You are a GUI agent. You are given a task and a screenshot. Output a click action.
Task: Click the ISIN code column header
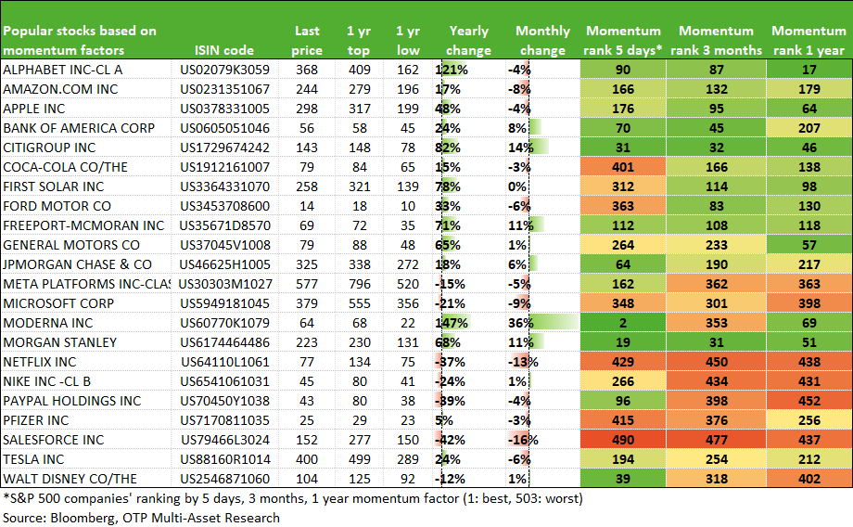click(x=224, y=50)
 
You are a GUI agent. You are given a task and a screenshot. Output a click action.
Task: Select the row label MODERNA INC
click(x=48, y=323)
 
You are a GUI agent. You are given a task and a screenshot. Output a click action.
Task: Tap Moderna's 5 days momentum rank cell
click(x=623, y=323)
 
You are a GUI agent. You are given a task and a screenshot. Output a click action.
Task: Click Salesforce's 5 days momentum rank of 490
click(x=623, y=440)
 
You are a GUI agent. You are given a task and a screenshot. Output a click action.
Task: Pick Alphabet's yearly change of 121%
click(x=452, y=70)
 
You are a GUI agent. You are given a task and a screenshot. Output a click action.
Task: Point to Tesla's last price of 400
click(x=307, y=459)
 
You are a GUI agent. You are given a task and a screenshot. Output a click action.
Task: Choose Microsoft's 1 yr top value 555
click(x=360, y=303)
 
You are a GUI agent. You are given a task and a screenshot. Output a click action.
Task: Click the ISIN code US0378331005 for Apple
click(x=224, y=109)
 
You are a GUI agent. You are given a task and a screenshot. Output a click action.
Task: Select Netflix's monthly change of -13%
click(x=523, y=362)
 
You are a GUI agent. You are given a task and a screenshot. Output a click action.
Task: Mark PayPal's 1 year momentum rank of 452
click(x=808, y=401)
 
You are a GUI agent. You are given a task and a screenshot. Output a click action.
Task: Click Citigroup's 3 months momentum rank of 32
click(x=717, y=148)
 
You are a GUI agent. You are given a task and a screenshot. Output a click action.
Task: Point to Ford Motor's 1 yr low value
click(x=408, y=206)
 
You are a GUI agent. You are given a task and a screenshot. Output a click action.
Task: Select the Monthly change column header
click(x=543, y=40)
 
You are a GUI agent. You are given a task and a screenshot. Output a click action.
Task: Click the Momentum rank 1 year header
click(x=808, y=40)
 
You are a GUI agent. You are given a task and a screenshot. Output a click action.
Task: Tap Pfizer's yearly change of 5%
click(x=444, y=420)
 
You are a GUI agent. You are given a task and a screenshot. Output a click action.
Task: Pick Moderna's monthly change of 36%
click(x=521, y=323)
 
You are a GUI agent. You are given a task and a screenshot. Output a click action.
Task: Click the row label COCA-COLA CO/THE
click(x=65, y=167)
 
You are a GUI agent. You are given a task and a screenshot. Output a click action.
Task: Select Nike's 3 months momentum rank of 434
click(x=717, y=381)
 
